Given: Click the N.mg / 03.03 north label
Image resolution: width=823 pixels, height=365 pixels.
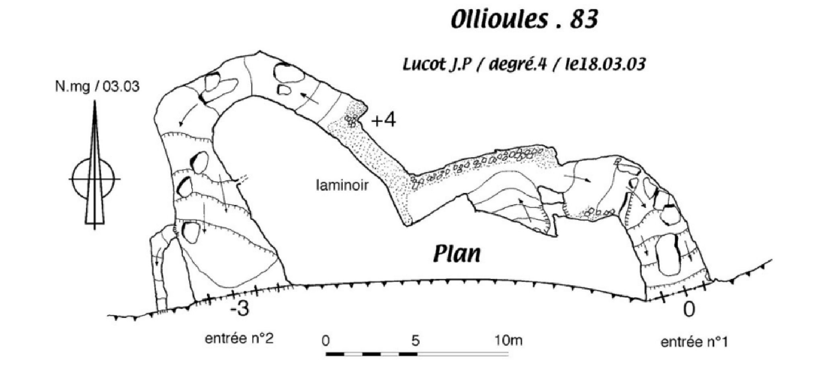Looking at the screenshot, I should [97, 86].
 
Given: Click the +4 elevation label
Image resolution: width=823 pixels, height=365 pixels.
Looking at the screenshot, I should [383, 120].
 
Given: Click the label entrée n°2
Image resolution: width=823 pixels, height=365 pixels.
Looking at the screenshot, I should [239, 339].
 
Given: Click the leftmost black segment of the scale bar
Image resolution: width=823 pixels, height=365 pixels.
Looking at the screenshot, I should [336, 354].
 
